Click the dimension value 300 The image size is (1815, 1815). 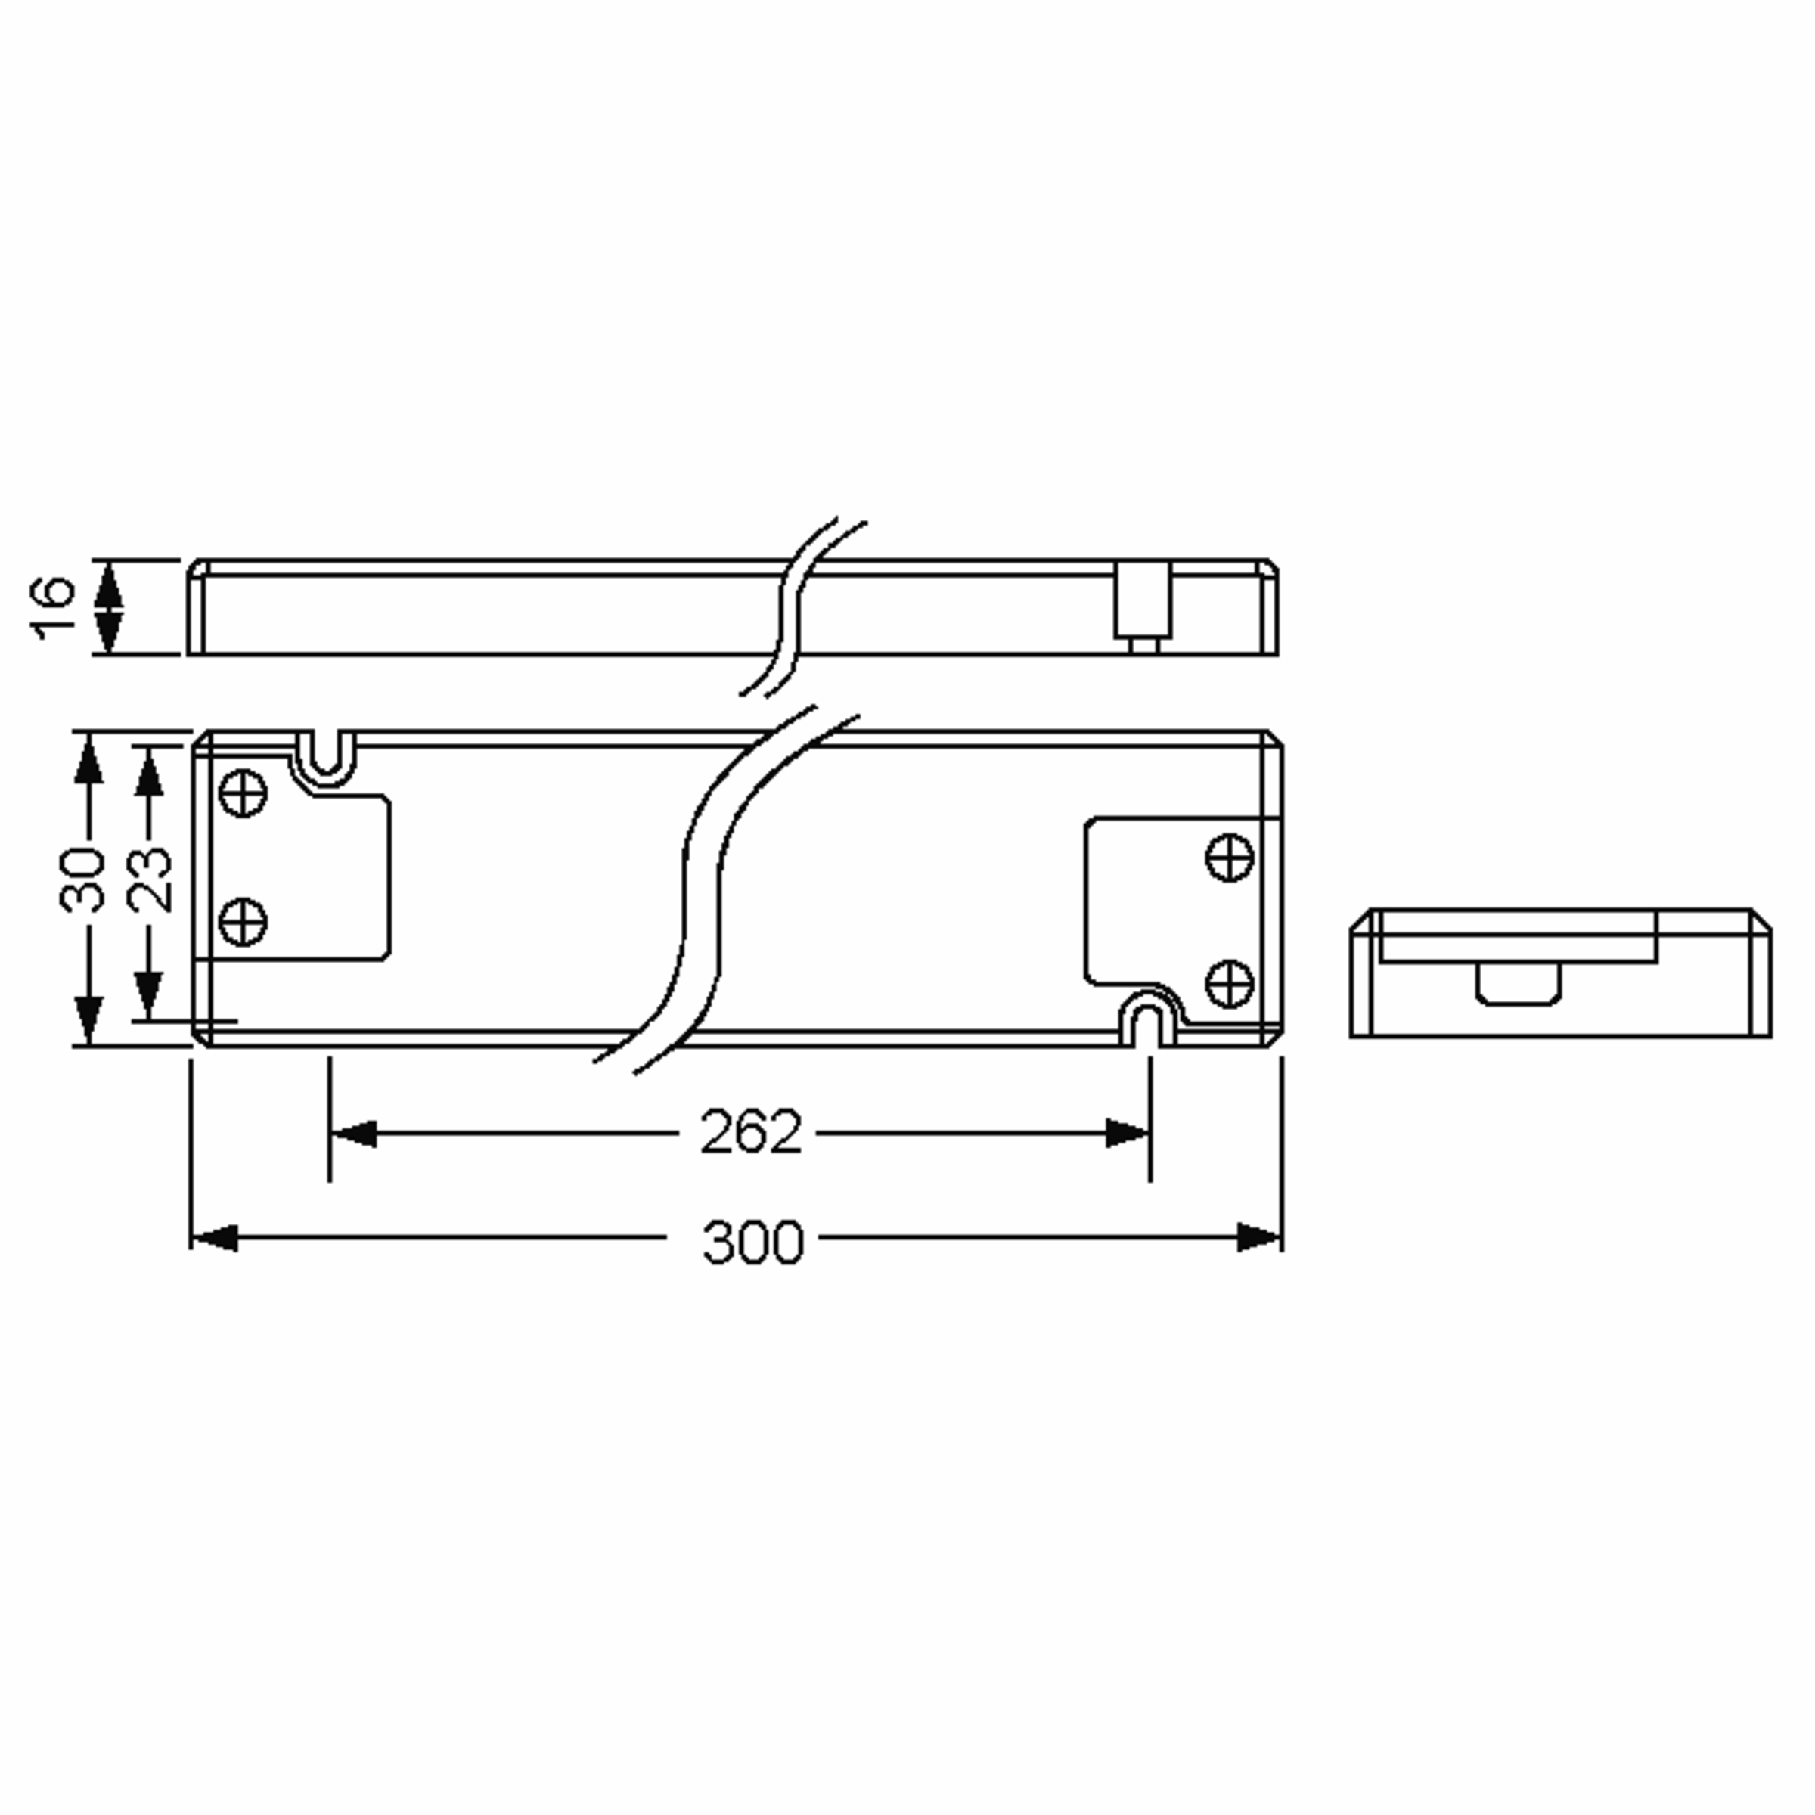point(752,1242)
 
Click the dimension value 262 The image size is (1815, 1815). point(751,1133)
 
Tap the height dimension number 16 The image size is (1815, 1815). point(54,608)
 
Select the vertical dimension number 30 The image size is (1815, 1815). point(82,880)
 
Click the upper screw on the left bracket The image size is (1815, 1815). point(242,793)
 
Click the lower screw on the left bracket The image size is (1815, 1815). point(242,922)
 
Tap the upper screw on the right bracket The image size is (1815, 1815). point(1229,857)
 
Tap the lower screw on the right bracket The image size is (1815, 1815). point(1229,982)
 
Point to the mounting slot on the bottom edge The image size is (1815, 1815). point(1148,1023)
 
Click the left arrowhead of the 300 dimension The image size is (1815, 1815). point(214,1237)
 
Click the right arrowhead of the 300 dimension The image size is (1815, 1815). point(1259,1237)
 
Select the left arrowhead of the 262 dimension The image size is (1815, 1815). point(353,1134)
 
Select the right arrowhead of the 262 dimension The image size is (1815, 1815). point(1126,1134)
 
